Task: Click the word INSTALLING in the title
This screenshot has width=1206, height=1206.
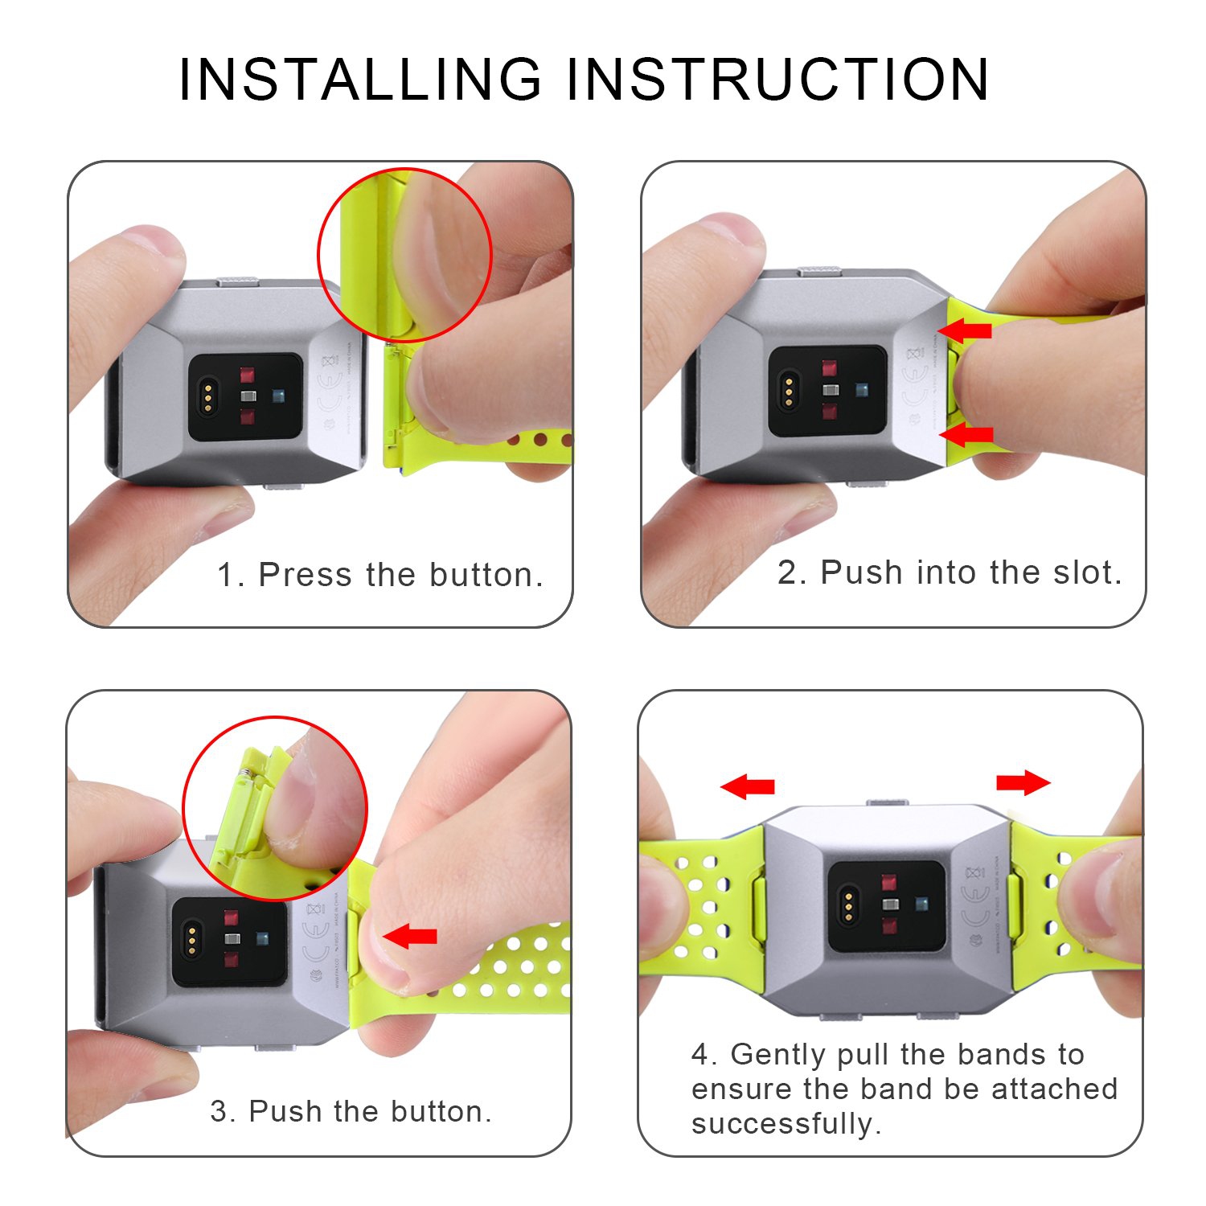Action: point(360,80)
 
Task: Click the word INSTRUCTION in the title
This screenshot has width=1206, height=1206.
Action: point(777,80)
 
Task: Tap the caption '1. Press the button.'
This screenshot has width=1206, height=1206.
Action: point(380,575)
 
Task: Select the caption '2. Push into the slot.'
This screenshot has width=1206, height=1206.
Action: point(949,572)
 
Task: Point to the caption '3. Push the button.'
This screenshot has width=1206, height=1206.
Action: point(351,1111)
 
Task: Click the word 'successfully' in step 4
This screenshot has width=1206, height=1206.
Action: point(785,1123)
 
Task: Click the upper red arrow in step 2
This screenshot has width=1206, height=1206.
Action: point(966,330)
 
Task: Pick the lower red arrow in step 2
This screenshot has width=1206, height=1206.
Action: point(967,435)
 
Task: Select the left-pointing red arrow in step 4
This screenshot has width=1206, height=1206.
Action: point(748,786)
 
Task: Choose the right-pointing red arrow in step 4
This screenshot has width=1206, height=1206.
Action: point(1023,782)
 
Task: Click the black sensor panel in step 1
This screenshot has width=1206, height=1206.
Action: point(245,396)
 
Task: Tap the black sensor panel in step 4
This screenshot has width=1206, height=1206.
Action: point(888,906)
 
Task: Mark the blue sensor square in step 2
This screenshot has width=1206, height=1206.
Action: point(862,389)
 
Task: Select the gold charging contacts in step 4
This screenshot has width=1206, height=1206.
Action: point(847,906)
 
